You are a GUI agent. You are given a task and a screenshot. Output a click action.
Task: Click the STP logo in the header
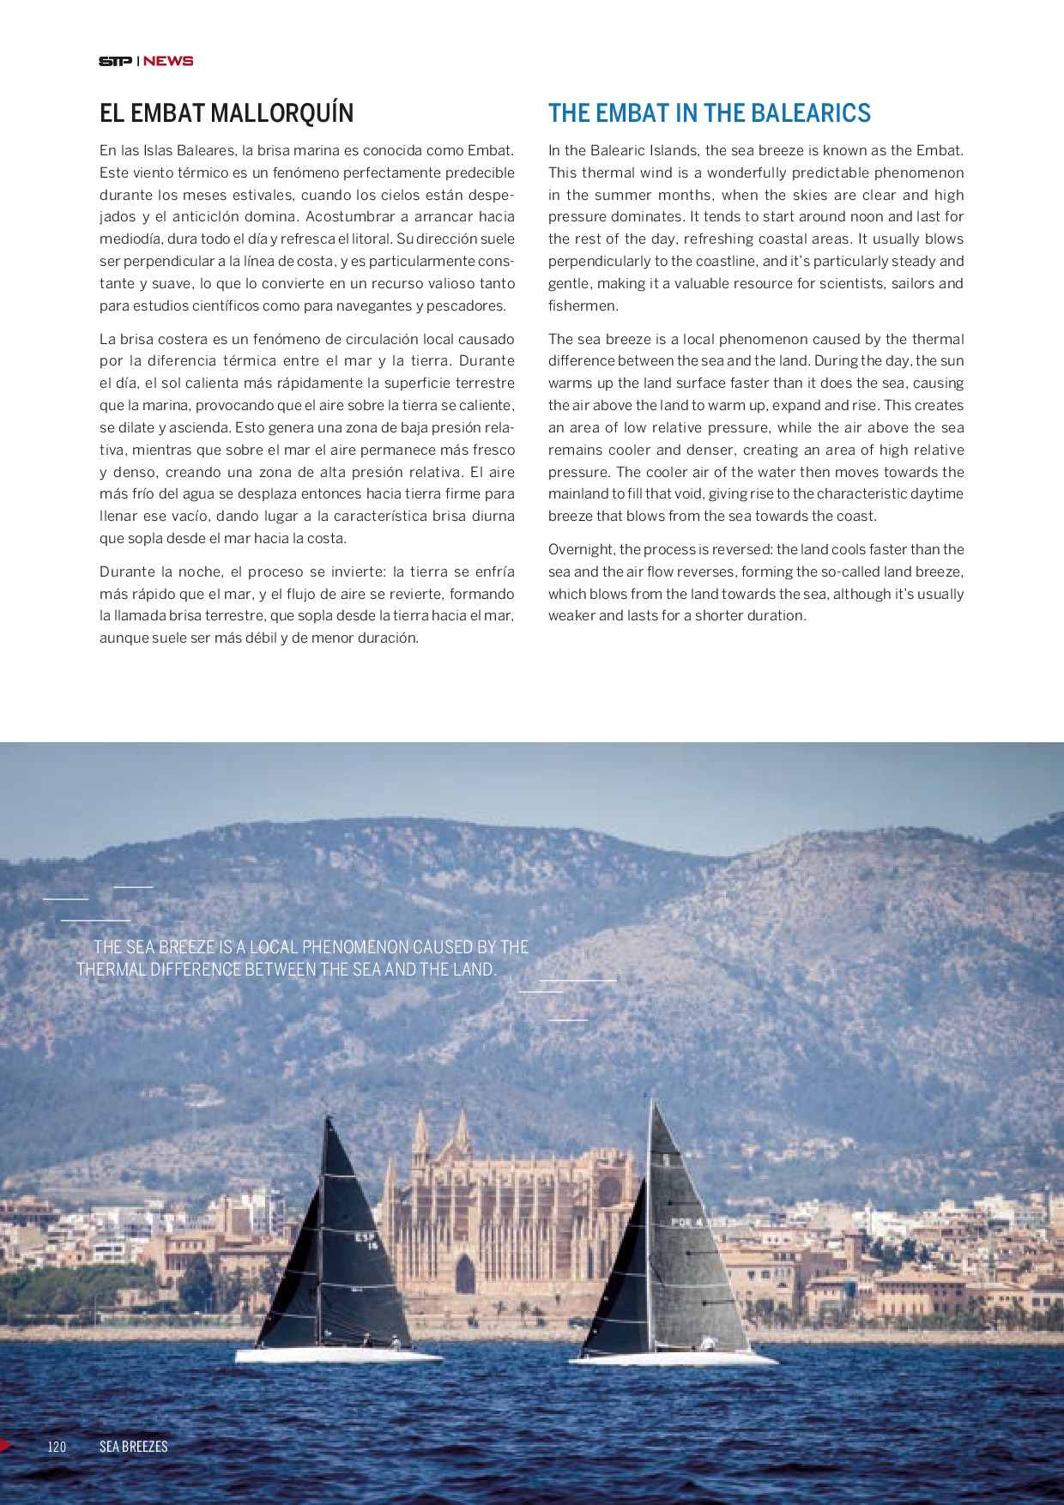point(115,61)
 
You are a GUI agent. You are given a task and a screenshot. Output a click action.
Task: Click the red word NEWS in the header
point(168,61)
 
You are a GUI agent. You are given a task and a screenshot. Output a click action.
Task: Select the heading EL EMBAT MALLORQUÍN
point(227,113)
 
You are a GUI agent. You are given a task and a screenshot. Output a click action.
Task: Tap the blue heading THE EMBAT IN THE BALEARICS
point(709,113)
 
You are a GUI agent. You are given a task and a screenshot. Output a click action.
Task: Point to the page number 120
point(57,1447)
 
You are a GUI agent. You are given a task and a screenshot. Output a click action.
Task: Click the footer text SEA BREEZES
point(133,1447)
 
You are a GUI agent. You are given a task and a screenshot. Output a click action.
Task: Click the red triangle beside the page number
point(5,1446)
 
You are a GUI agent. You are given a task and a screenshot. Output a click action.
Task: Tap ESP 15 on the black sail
point(366,1241)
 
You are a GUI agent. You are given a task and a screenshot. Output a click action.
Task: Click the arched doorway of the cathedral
point(465,1275)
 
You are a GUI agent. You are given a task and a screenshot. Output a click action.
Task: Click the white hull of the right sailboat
point(674,1358)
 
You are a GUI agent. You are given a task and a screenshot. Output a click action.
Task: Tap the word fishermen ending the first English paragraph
point(570,306)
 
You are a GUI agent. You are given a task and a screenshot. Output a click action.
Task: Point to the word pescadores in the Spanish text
point(468,306)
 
